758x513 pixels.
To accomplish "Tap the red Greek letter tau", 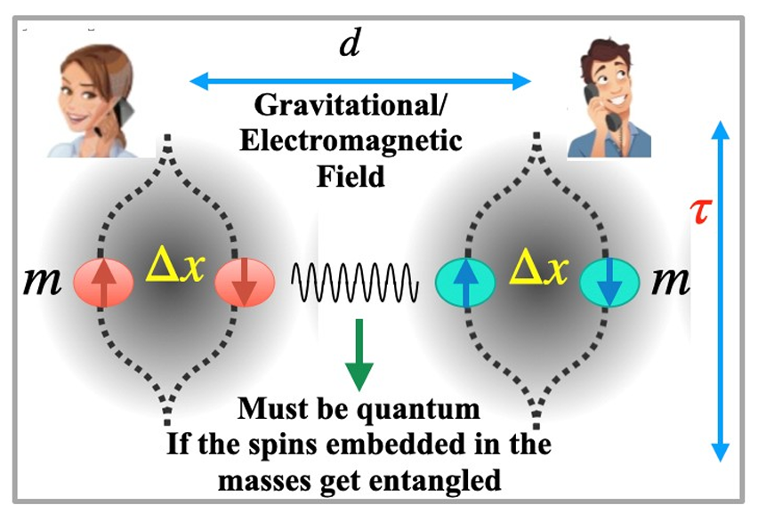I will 702,212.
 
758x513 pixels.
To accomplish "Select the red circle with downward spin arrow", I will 241,284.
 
